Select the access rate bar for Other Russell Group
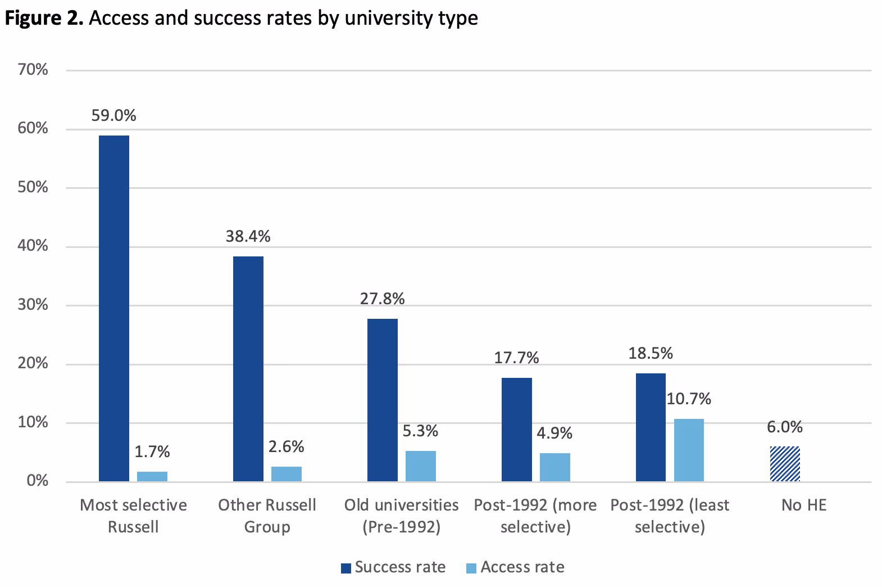click(x=287, y=474)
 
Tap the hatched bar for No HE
click(x=785, y=464)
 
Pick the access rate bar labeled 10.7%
click(x=689, y=450)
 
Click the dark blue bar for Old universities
click(x=383, y=400)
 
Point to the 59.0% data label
click(x=115, y=116)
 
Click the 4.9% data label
click(x=554, y=433)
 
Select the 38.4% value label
click(x=248, y=236)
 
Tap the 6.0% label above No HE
click(x=785, y=427)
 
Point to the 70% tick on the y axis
click(x=34, y=70)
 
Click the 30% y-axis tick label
click(x=34, y=305)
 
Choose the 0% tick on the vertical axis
click(x=38, y=481)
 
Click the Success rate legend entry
click(x=393, y=567)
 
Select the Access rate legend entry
click(x=515, y=567)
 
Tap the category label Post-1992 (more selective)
click(x=535, y=516)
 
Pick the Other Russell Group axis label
click(x=267, y=516)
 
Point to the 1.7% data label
click(x=152, y=451)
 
